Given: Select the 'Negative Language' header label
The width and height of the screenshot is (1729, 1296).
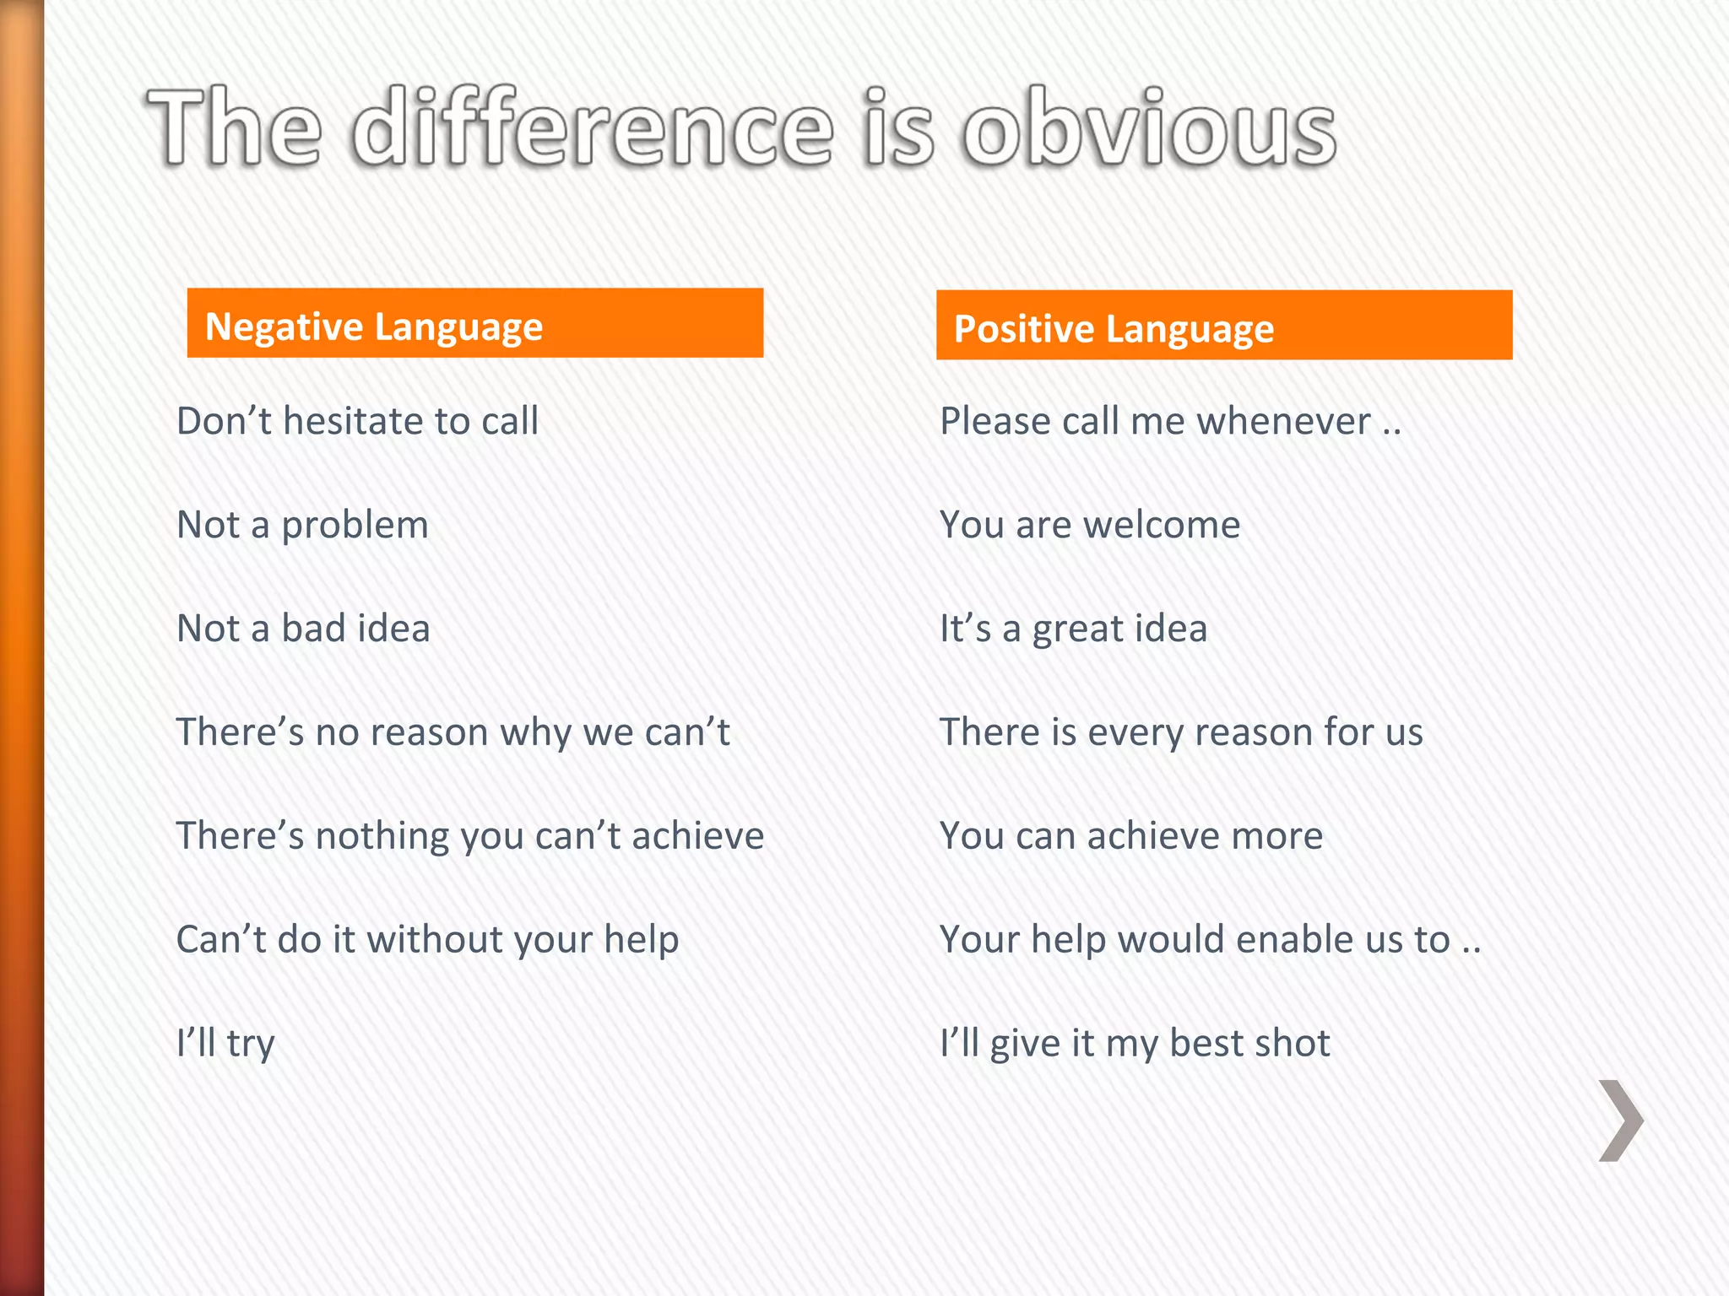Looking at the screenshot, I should click(x=374, y=327).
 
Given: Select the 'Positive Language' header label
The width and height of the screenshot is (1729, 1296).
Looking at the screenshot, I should click(x=1114, y=328).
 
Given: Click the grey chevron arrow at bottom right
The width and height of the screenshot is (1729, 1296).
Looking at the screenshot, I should click(x=1620, y=1120).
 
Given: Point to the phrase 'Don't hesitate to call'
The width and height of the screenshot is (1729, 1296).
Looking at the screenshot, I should click(x=357, y=421).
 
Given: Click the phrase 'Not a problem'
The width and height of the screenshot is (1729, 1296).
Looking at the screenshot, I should click(x=302, y=526).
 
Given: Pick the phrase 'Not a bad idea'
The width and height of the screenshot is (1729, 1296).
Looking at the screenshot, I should click(x=303, y=629).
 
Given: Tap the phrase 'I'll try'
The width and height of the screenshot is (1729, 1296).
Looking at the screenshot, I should click(x=225, y=1044).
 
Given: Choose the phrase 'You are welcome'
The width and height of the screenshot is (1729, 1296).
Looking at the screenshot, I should click(x=1090, y=525).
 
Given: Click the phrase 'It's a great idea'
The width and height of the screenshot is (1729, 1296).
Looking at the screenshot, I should click(x=1073, y=629).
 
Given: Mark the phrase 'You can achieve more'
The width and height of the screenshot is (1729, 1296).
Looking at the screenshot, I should click(x=1131, y=836).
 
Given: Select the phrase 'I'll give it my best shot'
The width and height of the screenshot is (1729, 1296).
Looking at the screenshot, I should click(x=1135, y=1044).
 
